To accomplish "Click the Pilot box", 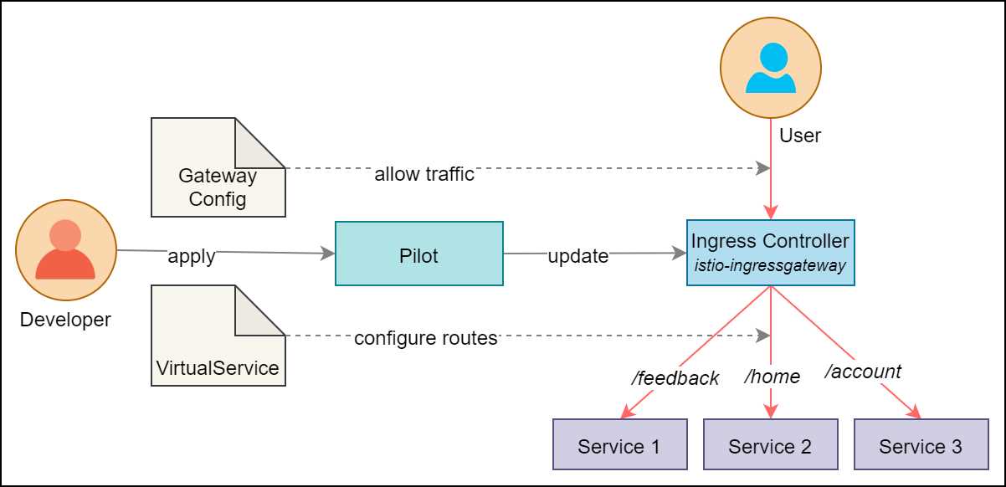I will pos(418,254).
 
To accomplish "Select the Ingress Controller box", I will pos(770,253).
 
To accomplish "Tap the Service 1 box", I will pos(619,444).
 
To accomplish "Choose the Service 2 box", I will pos(770,444).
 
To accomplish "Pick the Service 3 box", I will pos(921,444).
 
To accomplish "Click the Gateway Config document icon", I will pos(217,167).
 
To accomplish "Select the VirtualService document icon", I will pos(217,335).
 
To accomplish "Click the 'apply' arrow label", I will pos(192,256).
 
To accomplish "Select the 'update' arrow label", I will pos(577,256).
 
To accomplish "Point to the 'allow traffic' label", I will pos(423,174).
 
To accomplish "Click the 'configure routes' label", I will pos(425,338).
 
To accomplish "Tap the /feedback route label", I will pos(675,378).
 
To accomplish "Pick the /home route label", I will pos(772,377).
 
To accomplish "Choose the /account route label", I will pos(863,372).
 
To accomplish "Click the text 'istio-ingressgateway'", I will pos(770,265).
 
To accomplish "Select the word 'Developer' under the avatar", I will pos(65,320).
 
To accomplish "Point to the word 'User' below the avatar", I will pos(799,136).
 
